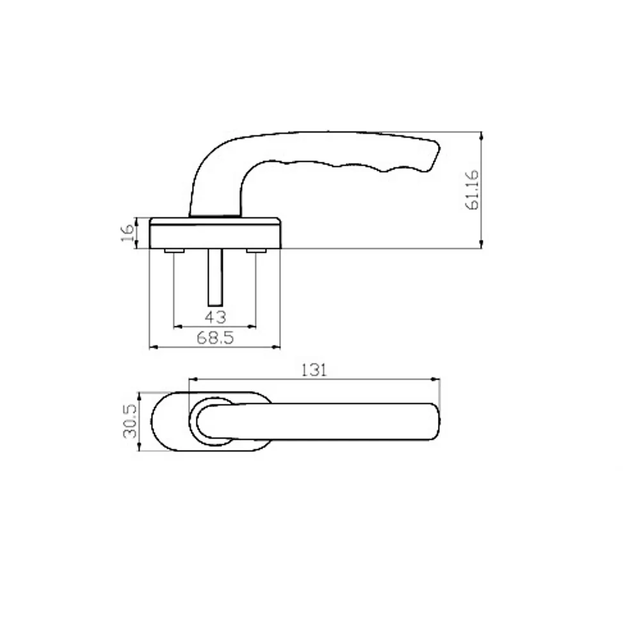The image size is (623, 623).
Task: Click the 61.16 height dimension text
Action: click(x=472, y=190)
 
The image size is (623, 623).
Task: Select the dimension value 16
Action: click(x=127, y=233)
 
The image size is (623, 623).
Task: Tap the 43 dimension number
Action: click(x=215, y=317)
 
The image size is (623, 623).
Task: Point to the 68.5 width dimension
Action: click(x=215, y=338)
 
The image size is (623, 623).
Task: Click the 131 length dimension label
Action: click(x=314, y=370)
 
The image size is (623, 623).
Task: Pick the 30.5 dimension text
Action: click(x=130, y=421)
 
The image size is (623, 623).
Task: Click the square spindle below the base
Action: click(x=215, y=277)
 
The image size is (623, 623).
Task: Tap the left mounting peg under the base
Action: click(x=174, y=251)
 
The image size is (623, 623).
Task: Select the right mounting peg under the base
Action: click(x=256, y=251)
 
